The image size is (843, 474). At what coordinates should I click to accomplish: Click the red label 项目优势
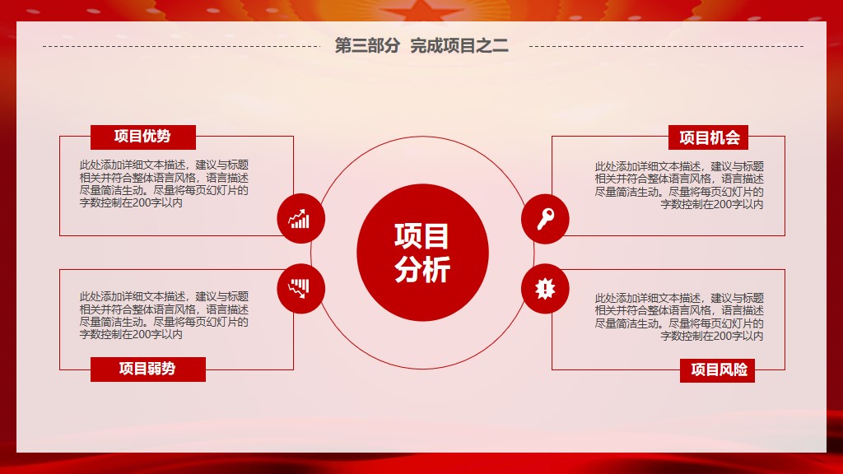143,137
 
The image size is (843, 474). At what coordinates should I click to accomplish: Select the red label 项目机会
708,137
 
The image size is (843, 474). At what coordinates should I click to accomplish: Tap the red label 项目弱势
148,369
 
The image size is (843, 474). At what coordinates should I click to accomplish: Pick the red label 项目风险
717,370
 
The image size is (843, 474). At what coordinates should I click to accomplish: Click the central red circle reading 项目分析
422,253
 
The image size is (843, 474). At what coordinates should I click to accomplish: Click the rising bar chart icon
300,219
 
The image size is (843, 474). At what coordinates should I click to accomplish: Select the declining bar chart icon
300,288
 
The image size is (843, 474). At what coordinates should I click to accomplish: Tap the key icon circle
545,219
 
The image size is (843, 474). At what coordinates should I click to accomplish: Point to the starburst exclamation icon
545,289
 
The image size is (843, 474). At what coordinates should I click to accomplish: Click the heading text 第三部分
367,46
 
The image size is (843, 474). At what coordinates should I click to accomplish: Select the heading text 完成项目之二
459,46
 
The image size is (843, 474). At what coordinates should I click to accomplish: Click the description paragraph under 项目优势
164,184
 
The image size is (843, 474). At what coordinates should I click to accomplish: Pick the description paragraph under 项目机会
679,185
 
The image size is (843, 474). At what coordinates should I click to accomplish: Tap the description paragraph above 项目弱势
164,315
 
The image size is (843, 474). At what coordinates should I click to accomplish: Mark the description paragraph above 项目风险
679,317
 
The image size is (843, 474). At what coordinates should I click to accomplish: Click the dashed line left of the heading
182,46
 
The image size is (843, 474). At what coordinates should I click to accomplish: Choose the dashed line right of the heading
667,46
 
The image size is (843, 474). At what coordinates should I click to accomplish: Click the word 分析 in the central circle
422,270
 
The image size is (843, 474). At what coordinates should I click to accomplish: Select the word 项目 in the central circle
422,236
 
